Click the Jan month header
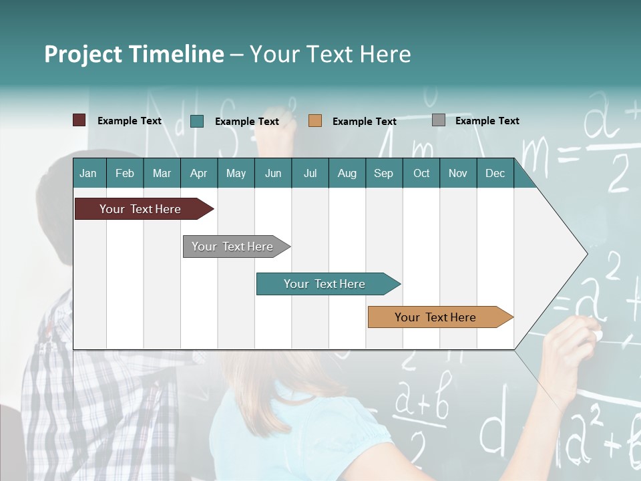(88, 174)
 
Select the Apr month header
(198, 174)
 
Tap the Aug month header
(347, 174)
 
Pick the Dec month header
(495, 174)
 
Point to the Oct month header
(421, 174)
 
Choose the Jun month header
(273, 174)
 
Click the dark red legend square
(79, 120)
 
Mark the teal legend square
(197, 121)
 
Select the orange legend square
(315, 121)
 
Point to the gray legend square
(439, 120)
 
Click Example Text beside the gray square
(487, 121)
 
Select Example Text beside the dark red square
(130, 121)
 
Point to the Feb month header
(125, 174)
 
